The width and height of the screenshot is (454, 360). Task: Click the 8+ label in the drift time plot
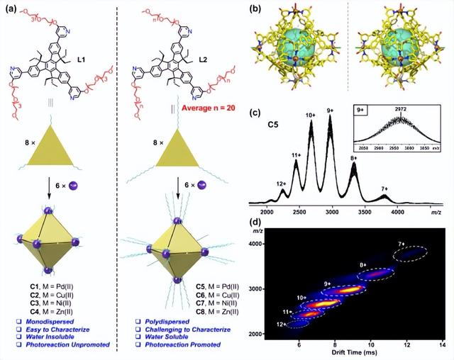coord(364,265)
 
